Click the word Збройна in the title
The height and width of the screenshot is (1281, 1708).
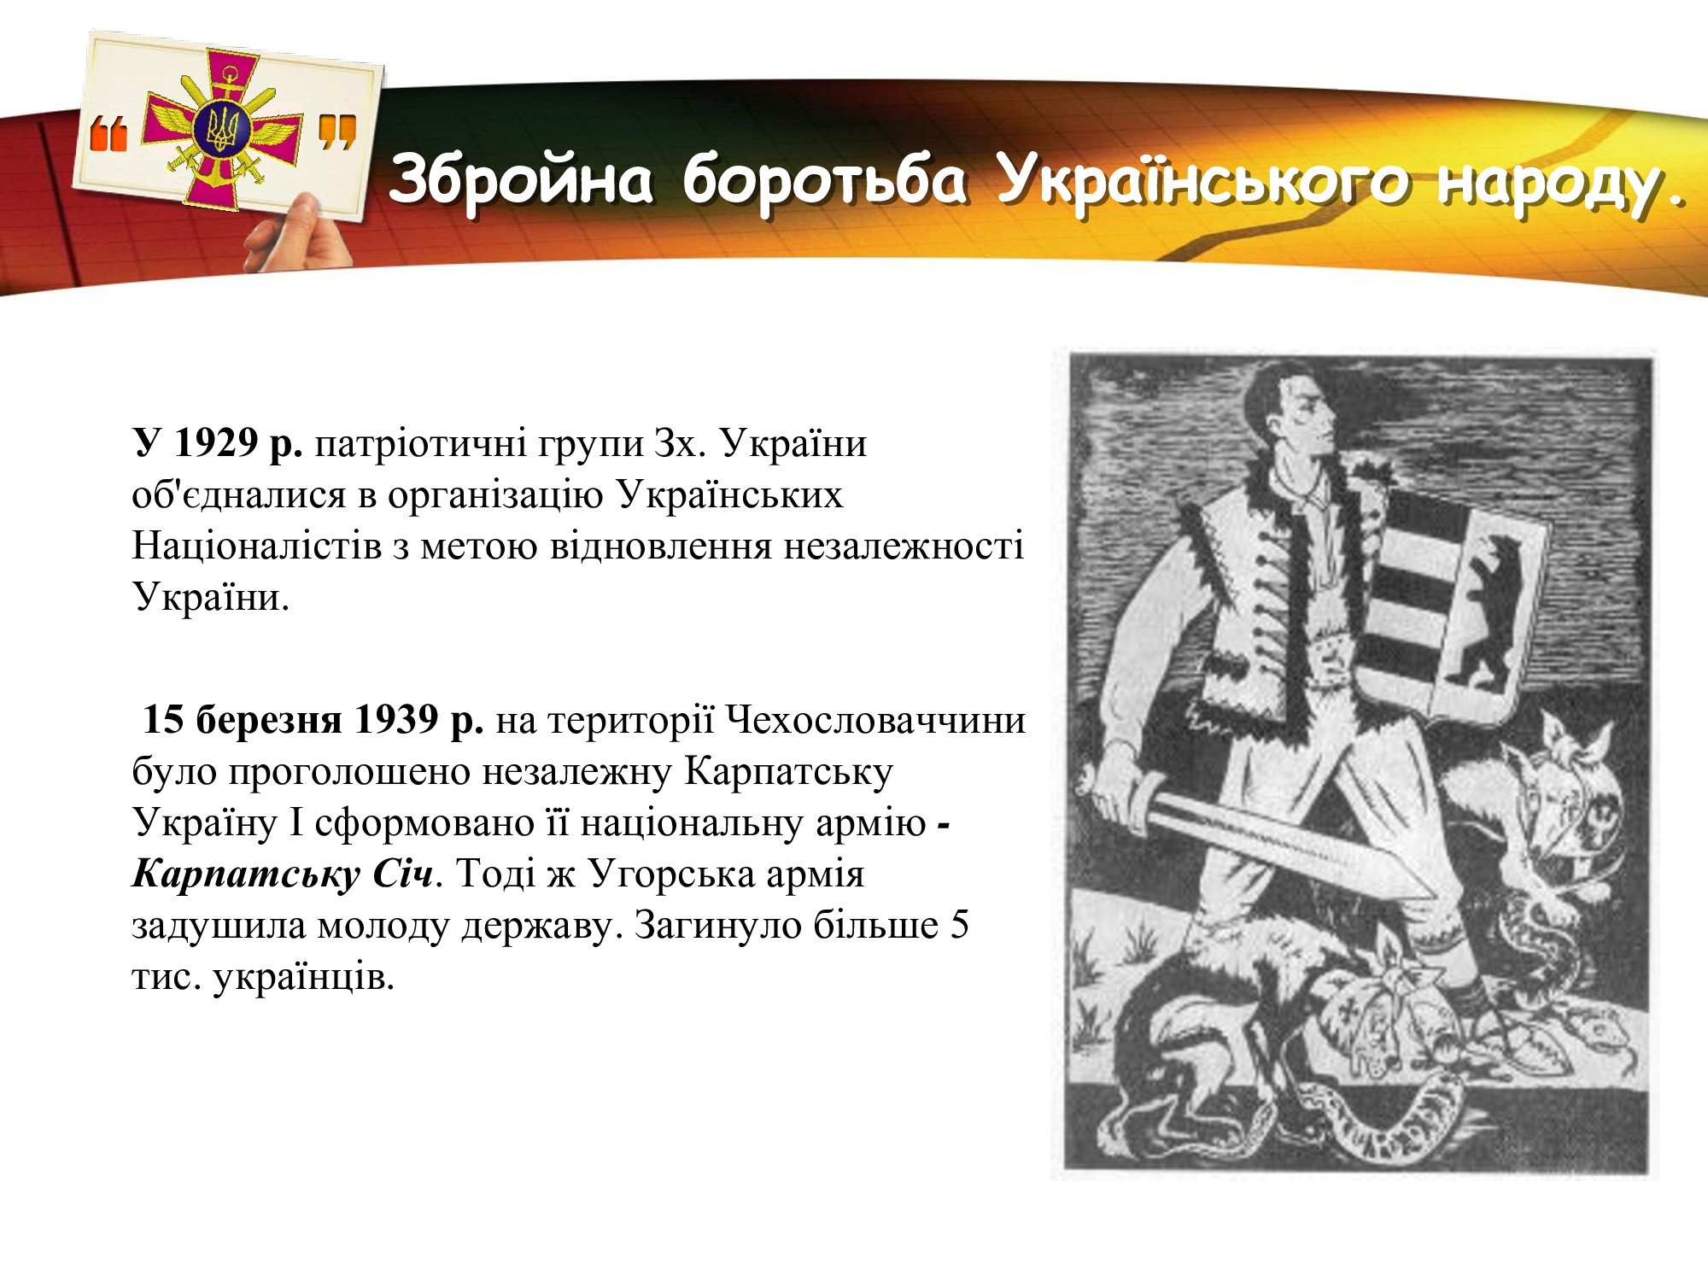pyautogui.click(x=521, y=179)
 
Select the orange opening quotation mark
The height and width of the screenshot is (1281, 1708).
pyautogui.click(x=108, y=134)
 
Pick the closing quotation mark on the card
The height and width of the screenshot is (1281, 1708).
pyautogui.click(x=336, y=132)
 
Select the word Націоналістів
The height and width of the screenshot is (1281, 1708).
pyautogui.click(x=257, y=546)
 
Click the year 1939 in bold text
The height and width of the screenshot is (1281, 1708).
pyautogui.click(x=396, y=720)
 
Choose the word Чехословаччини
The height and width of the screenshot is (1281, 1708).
pyautogui.click(x=875, y=720)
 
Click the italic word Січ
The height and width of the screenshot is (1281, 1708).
pyautogui.click(x=402, y=874)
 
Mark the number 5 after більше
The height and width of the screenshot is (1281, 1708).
pyautogui.click(x=959, y=925)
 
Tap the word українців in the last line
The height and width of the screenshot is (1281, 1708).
pyautogui.click(x=303, y=976)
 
